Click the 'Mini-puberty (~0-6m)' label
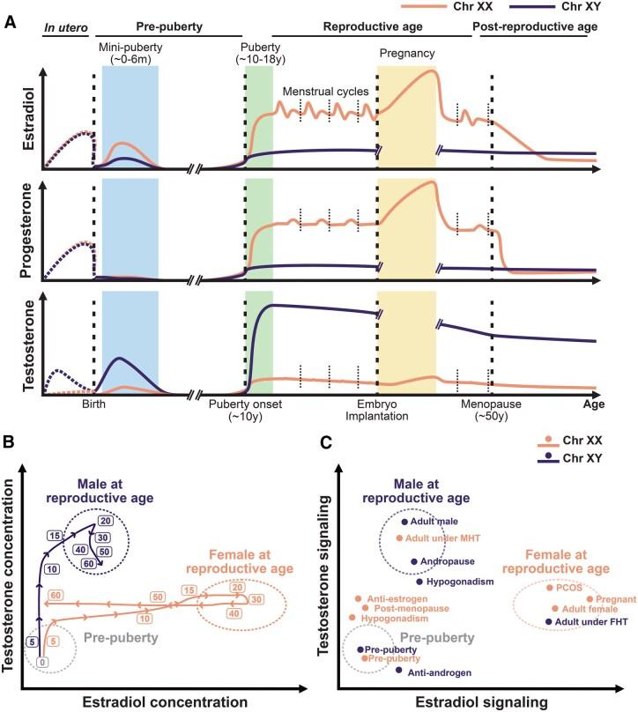(130, 52)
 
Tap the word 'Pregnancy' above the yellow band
(405, 52)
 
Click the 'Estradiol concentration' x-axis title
(164, 701)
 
